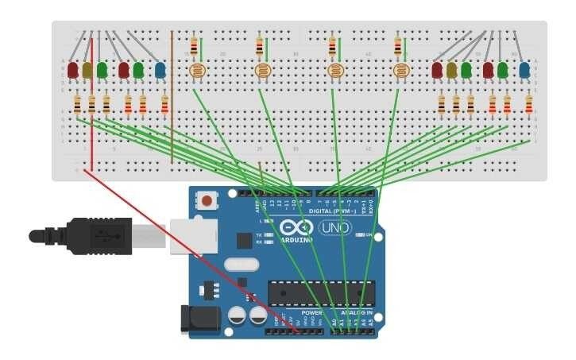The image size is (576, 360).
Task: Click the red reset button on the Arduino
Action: click(x=207, y=199)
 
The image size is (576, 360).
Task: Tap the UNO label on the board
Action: click(x=333, y=229)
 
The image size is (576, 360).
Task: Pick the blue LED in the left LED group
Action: click(x=160, y=70)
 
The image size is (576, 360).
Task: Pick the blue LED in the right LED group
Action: click(x=524, y=70)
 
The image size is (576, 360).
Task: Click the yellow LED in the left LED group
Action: click(x=87, y=70)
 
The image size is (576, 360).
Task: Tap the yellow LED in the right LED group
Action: click(x=452, y=70)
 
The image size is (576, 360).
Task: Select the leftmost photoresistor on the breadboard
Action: click(x=195, y=72)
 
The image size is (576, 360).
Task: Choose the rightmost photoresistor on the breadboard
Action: click(x=401, y=72)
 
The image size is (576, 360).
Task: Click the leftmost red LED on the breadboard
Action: click(x=73, y=70)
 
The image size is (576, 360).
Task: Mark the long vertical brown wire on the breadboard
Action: click(x=172, y=95)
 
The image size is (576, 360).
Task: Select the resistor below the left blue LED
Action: click(x=164, y=104)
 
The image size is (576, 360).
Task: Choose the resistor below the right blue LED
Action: click(x=529, y=104)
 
